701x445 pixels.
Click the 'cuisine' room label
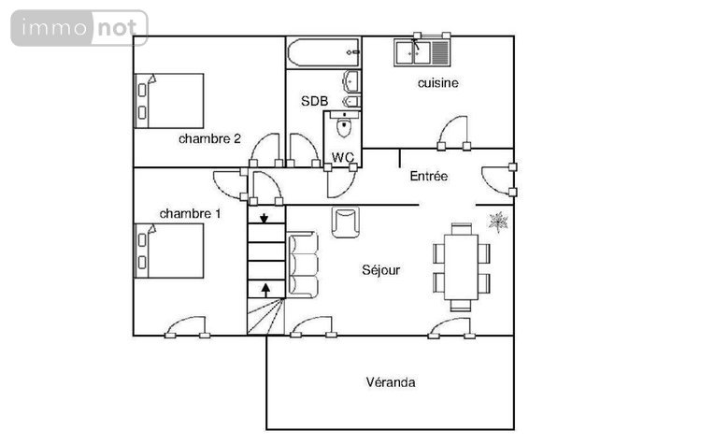(437, 83)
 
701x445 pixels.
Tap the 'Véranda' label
(391, 382)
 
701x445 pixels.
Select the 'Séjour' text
(381, 270)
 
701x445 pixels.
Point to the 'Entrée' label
(429, 176)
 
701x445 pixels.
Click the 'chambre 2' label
(209, 138)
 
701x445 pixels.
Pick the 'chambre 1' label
(190, 213)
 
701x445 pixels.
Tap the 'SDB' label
(314, 101)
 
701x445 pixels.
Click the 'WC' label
(342, 157)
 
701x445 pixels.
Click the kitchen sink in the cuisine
(422, 51)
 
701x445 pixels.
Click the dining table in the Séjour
(460, 266)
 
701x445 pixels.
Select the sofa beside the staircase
(303, 265)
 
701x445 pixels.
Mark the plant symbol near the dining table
(498, 222)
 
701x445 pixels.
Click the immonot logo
(79, 28)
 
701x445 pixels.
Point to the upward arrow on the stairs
(265, 288)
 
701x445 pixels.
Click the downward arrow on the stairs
(265, 219)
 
